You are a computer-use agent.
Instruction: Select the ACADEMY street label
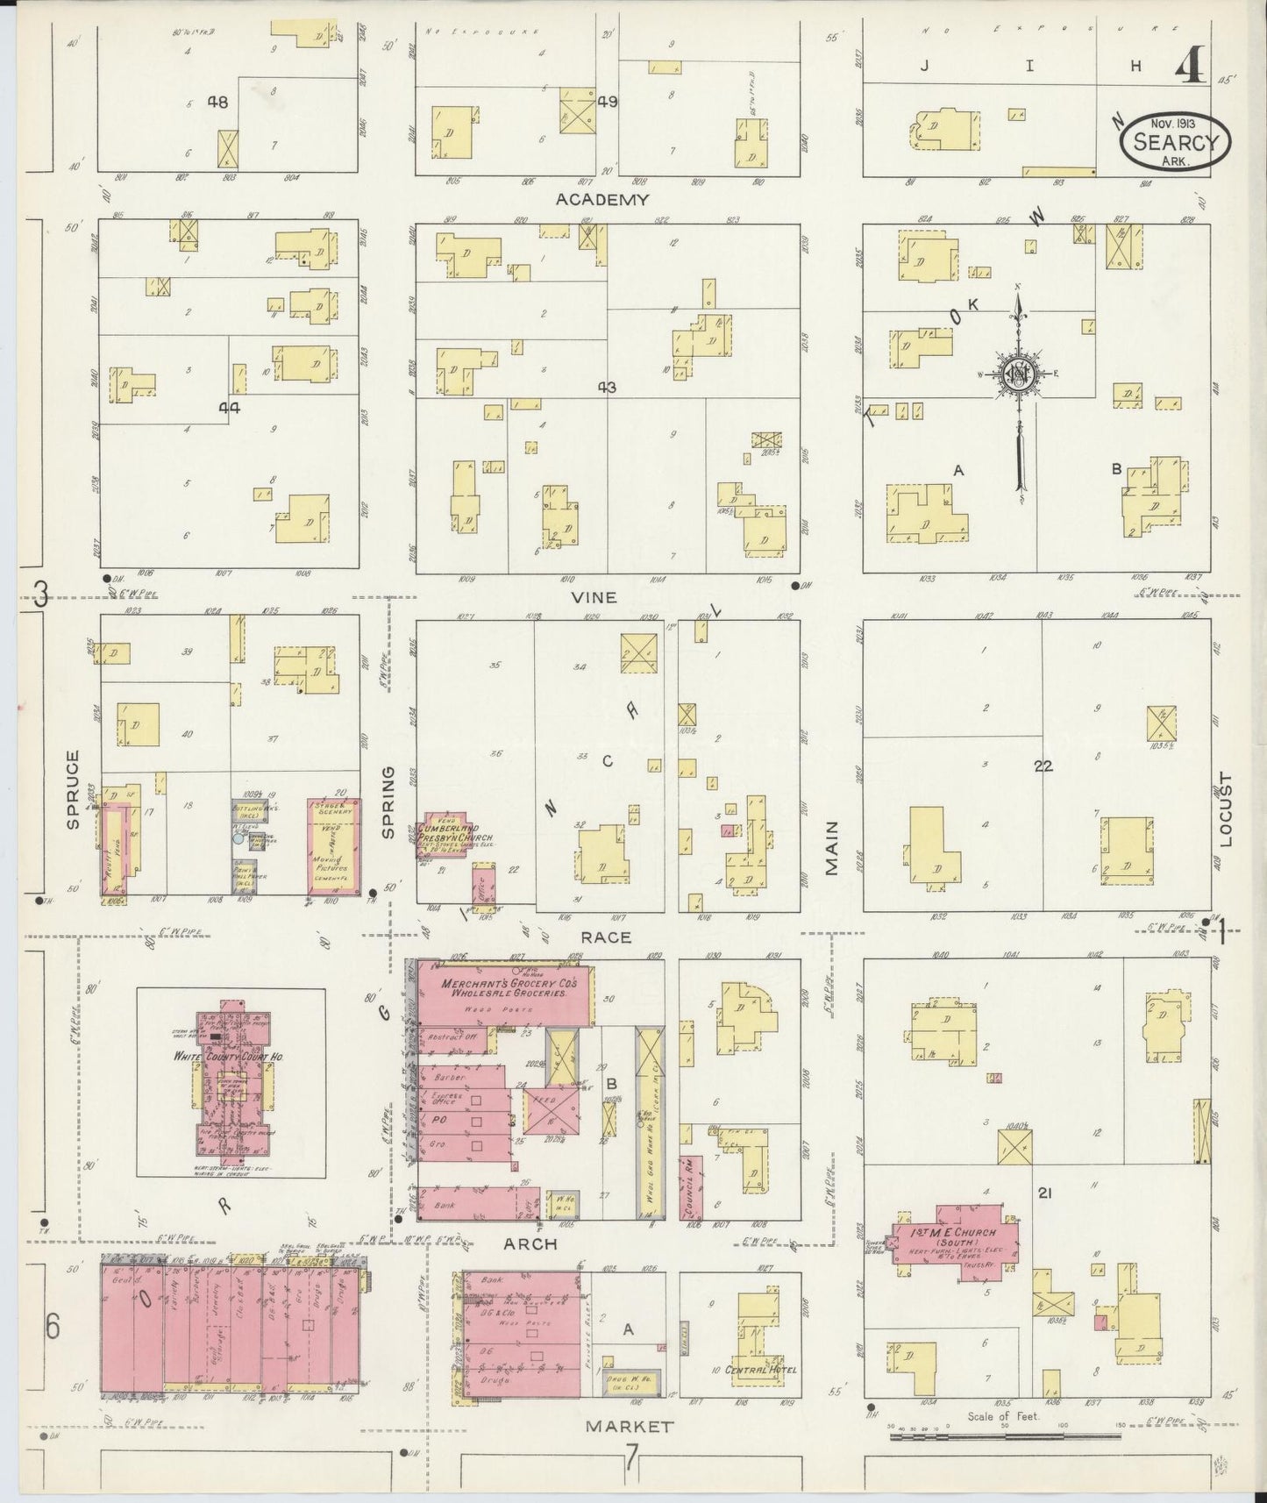602,200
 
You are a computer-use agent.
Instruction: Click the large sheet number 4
1188,64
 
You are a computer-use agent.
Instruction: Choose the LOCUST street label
1225,809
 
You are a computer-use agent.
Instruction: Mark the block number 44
230,408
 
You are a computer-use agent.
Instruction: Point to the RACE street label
606,937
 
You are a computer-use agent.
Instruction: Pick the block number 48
217,103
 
